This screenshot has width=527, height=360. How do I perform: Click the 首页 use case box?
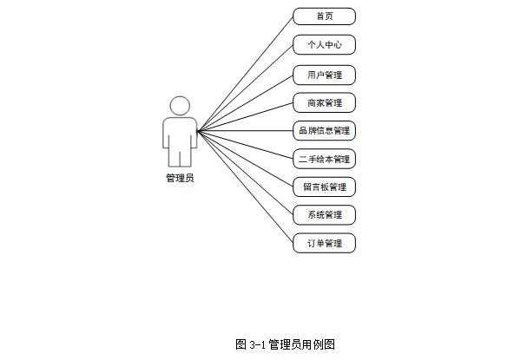324,16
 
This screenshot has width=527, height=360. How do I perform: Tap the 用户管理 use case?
324,75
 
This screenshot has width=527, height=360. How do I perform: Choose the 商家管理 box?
324,103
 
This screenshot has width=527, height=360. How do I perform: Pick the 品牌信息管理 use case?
324,131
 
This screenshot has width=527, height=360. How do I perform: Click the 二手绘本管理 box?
324,160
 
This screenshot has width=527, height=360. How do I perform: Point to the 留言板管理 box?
324,187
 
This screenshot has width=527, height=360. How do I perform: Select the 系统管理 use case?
324,215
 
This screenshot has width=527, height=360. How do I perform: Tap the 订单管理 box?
324,244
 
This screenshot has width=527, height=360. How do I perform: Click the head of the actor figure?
180,106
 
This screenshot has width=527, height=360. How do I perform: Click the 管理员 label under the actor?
180,178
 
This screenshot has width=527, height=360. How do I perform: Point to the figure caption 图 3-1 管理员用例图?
285,344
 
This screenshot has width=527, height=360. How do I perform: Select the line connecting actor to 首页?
246,74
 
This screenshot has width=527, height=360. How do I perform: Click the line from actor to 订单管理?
246,187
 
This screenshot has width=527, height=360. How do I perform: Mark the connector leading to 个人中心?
246,88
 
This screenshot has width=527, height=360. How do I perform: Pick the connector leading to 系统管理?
246,173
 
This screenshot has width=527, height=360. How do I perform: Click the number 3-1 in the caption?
256,344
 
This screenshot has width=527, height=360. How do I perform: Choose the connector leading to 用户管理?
246,102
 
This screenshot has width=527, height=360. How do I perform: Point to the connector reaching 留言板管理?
246,159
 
